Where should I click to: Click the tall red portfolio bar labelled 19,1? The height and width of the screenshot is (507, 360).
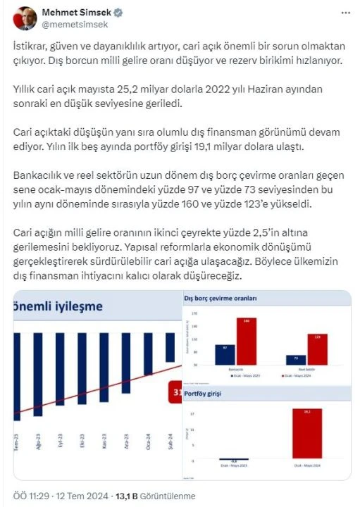tap(306, 433)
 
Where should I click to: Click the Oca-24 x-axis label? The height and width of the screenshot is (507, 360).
tap(147, 441)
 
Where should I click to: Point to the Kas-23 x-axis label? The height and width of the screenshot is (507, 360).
tap(104, 441)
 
